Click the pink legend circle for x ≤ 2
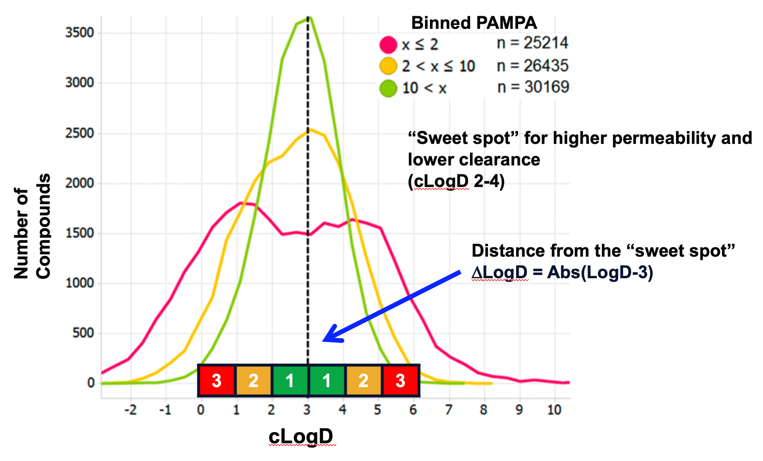click(x=388, y=45)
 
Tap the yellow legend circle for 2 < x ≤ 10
click(x=388, y=66)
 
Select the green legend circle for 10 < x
click(x=388, y=88)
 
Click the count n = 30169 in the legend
click(x=533, y=87)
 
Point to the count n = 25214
click(x=532, y=43)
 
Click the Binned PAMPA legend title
click(x=474, y=23)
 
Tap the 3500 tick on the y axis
click(x=80, y=33)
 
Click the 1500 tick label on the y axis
click(x=80, y=233)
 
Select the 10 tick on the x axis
click(x=554, y=410)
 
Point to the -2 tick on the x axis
click(x=130, y=410)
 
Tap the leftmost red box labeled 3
click(x=217, y=381)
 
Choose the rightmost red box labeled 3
click(x=400, y=381)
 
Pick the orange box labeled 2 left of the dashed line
click(x=253, y=381)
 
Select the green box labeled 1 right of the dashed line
click(x=327, y=381)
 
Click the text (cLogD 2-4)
click(x=456, y=181)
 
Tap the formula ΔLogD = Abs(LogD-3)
click(x=562, y=272)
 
